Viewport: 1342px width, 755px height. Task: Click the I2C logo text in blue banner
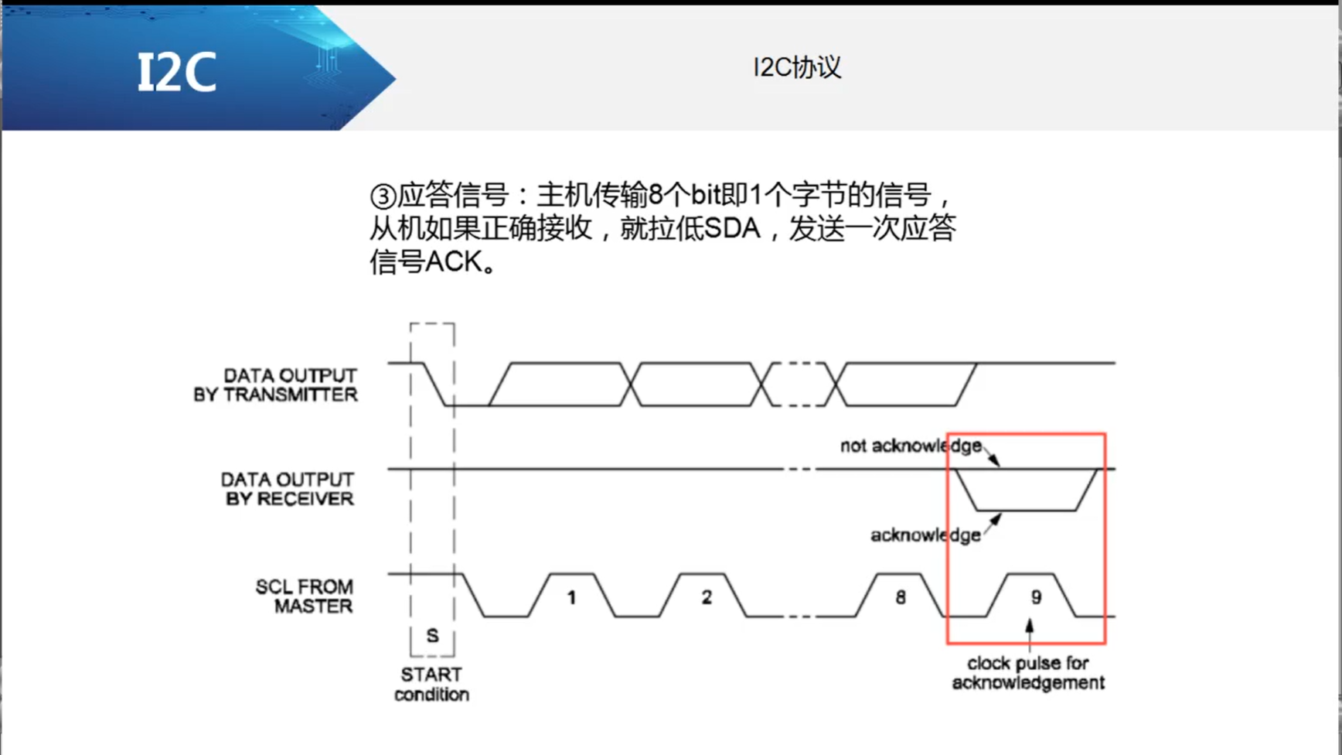coord(176,73)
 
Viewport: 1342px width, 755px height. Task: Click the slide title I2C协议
coord(797,67)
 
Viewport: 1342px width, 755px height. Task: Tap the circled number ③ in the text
coord(382,196)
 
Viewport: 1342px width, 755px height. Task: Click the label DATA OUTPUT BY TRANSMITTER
coord(277,385)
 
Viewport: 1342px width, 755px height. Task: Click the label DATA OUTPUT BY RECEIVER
coord(288,489)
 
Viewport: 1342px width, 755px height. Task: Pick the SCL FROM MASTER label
coord(305,596)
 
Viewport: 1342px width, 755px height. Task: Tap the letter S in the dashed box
coord(432,635)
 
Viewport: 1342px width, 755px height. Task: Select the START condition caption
coord(431,685)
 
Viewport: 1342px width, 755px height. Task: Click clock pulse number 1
coord(571,597)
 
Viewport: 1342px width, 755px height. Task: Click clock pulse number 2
coord(707,597)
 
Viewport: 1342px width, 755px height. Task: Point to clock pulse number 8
coord(901,597)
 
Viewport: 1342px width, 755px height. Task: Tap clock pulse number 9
coord(1036,597)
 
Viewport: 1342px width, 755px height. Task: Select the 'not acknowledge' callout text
coord(911,446)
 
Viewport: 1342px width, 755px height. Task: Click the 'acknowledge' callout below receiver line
coord(925,535)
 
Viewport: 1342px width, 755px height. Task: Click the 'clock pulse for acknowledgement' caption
coord(1027,673)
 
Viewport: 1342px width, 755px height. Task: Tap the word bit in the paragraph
coord(708,195)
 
